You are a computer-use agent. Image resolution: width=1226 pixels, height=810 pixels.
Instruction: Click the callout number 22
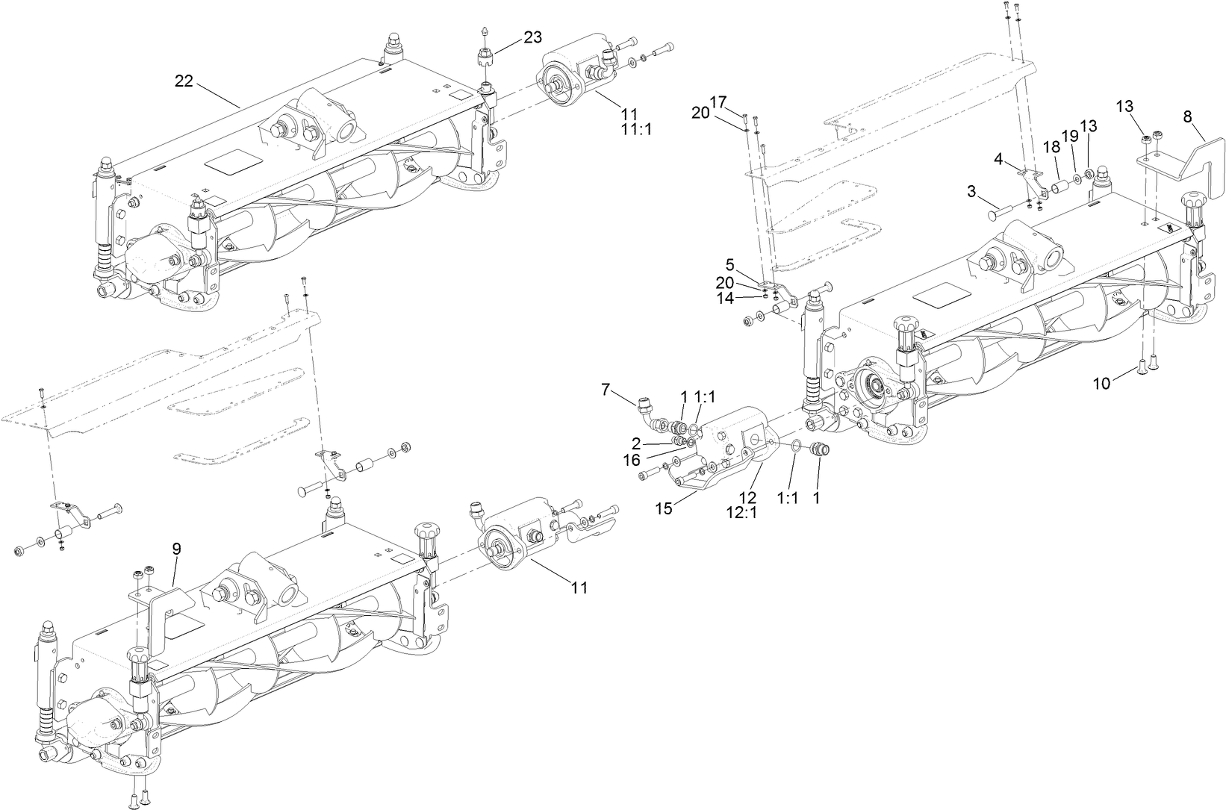184,81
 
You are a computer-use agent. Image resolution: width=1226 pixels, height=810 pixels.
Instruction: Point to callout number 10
1102,383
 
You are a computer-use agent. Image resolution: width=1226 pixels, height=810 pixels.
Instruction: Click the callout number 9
176,549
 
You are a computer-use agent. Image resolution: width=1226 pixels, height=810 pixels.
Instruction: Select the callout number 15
665,508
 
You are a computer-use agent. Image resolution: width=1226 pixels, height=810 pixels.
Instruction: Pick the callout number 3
971,191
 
